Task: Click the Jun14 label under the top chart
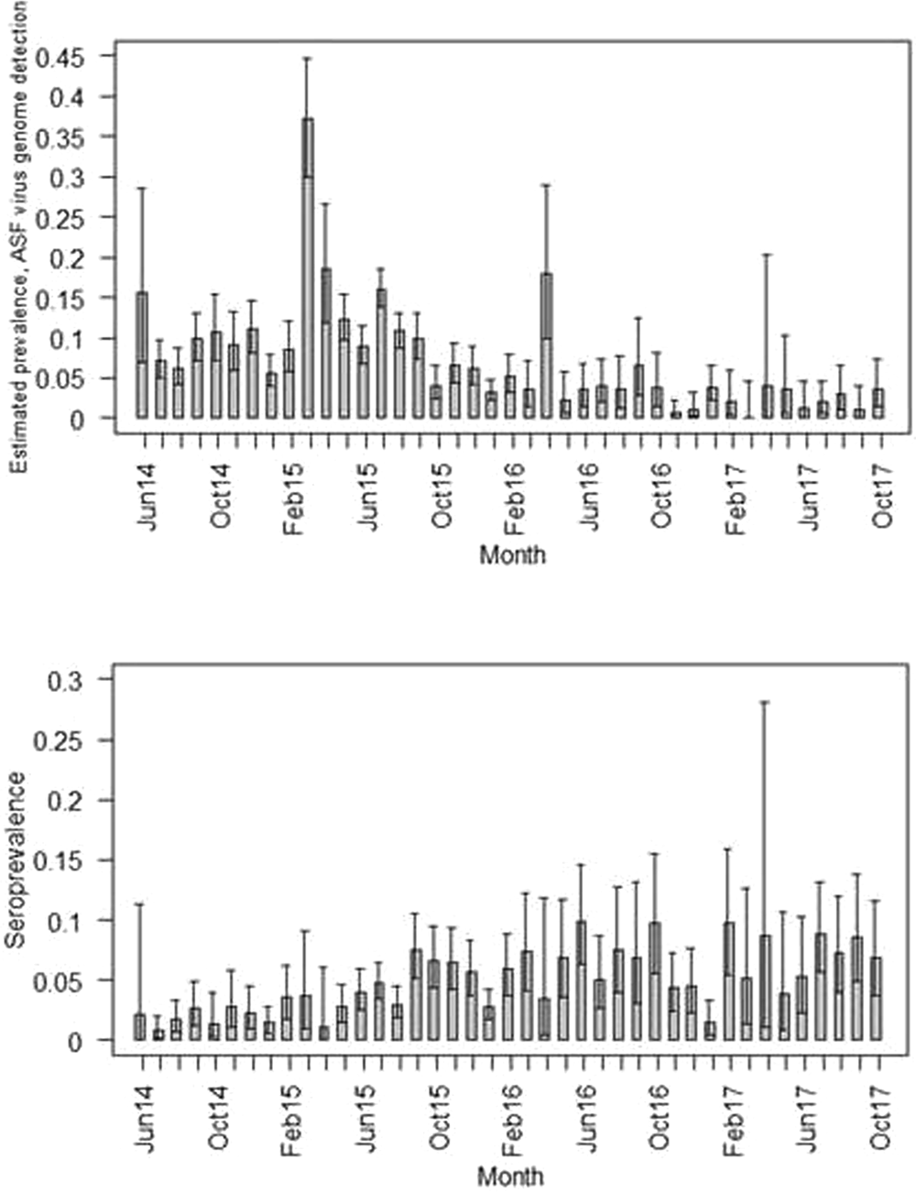pos(147,498)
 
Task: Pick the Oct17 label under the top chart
pos(882,498)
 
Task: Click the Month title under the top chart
pos(512,554)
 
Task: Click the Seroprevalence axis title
pos(16,859)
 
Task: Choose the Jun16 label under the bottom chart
pos(587,1119)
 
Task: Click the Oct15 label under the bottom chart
pos(440,1119)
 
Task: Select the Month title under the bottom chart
pos(510,1176)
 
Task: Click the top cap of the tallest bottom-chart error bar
pos(765,702)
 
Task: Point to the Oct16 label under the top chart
pos(661,498)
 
